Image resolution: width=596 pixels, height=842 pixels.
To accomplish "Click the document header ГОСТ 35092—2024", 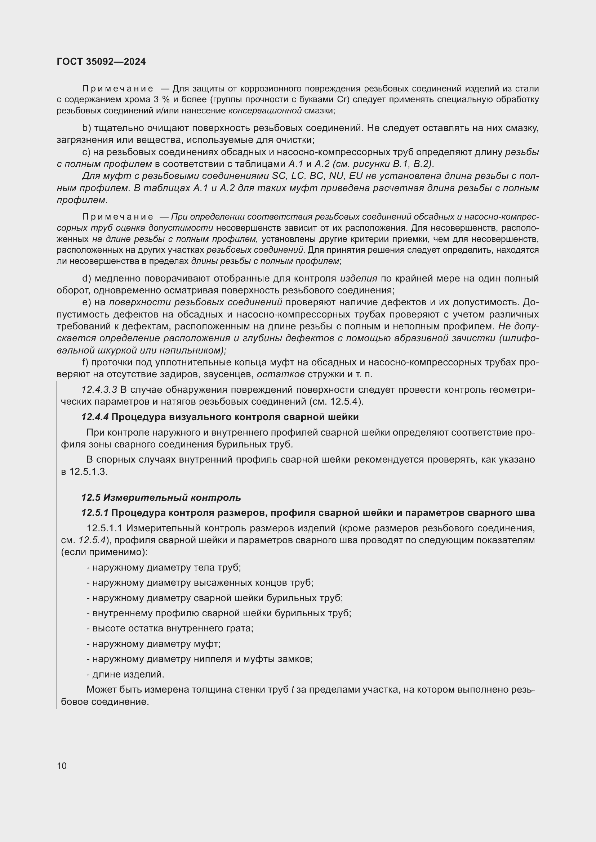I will (101, 62).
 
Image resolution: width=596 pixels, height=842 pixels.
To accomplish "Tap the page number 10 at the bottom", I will (62, 766).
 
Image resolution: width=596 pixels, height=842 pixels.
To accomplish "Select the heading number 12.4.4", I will (95, 417).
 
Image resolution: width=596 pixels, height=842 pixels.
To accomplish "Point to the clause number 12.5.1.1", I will (104, 528).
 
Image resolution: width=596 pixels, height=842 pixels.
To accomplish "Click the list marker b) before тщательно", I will (86, 128).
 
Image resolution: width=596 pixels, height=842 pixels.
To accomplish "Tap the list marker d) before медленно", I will (86, 278).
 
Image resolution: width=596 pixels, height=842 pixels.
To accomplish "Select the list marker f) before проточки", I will (85, 363).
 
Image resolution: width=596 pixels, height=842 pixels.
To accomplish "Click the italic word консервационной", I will (265, 111).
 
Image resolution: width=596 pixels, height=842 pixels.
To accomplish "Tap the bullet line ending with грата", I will (170, 628).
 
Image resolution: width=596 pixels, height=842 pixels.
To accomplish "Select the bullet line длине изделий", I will (125, 674).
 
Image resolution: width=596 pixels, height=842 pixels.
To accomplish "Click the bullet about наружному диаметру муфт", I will (154, 644).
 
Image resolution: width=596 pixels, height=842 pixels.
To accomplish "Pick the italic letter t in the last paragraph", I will (293, 690).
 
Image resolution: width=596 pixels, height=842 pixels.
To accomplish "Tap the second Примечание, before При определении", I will (117, 217).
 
